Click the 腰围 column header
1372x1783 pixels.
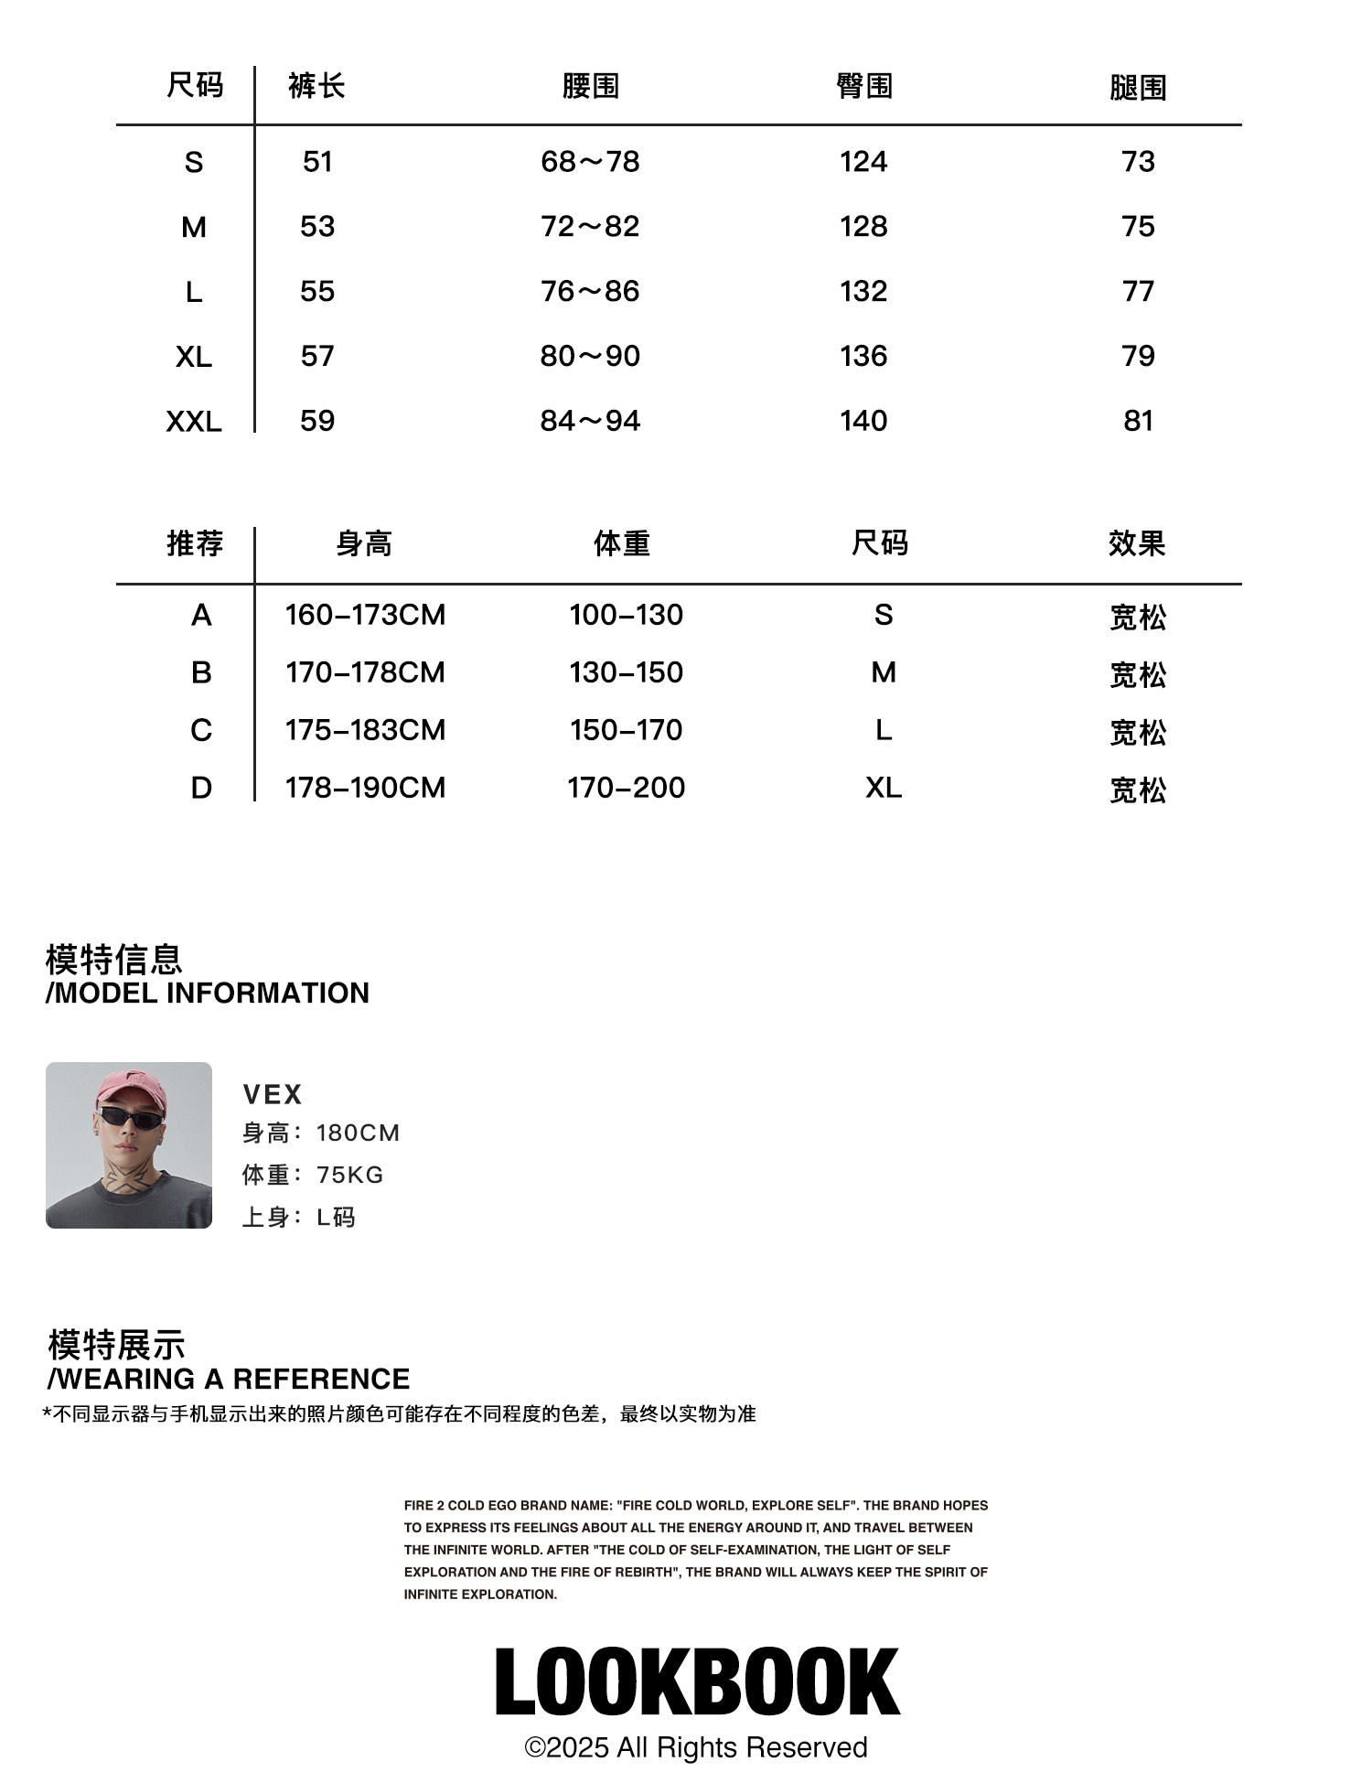tap(590, 87)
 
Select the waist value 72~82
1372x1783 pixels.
tap(590, 227)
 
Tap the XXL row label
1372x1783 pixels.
tap(194, 422)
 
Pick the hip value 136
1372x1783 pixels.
tap(863, 356)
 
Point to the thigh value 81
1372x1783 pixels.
tap(1138, 421)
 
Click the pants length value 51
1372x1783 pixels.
tap(317, 162)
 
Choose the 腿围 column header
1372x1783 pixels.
tap(1138, 88)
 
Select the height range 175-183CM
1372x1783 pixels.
tap(365, 730)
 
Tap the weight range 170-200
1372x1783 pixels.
tap(626, 788)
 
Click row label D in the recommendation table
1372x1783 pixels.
tap(201, 788)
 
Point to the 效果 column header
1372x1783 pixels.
tap(1137, 544)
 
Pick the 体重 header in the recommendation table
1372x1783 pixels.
tap(622, 544)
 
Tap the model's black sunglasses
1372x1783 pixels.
tap(128, 1116)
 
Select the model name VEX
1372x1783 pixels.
tap(273, 1094)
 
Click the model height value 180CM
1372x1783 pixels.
tap(358, 1133)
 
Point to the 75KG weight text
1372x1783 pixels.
tap(349, 1175)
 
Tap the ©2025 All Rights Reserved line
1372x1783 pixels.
tap(696, 1747)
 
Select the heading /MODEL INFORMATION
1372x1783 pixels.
tap(208, 993)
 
